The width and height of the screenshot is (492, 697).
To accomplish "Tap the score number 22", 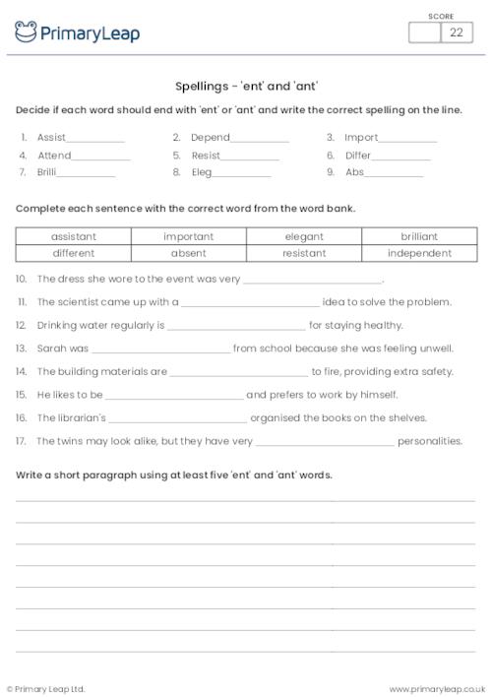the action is pyautogui.click(x=456, y=32).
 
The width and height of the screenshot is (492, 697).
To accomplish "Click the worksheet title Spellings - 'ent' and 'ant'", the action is pyautogui.click(x=246, y=86).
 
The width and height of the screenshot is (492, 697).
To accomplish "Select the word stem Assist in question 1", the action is pyautogui.click(x=51, y=138).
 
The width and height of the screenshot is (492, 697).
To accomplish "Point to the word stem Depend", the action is pyautogui.click(x=210, y=138).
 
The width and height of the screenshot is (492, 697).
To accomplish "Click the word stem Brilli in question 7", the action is pyautogui.click(x=47, y=171).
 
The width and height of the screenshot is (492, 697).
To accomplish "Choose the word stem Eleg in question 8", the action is pyautogui.click(x=202, y=171).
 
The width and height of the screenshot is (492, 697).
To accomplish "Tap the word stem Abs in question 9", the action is pyautogui.click(x=354, y=171).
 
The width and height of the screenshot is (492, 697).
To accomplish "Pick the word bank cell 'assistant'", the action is pyautogui.click(x=74, y=236).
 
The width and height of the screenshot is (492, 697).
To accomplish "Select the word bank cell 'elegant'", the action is pyautogui.click(x=304, y=236).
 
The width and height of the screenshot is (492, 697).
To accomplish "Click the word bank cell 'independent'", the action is pyautogui.click(x=419, y=253).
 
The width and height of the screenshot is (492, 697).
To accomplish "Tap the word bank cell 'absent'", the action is pyautogui.click(x=189, y=253).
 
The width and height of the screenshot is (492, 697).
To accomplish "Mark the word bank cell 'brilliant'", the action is pyautogui.click(x=419, y=236).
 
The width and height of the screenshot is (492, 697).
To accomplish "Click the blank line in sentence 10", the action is pyautogui.click(x=312, y=281).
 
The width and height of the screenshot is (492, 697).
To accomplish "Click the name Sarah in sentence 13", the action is pyautogui.click(x=50, y=348).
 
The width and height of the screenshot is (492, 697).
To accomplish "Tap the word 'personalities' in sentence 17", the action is pyautogui.click(x=430, y=441).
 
